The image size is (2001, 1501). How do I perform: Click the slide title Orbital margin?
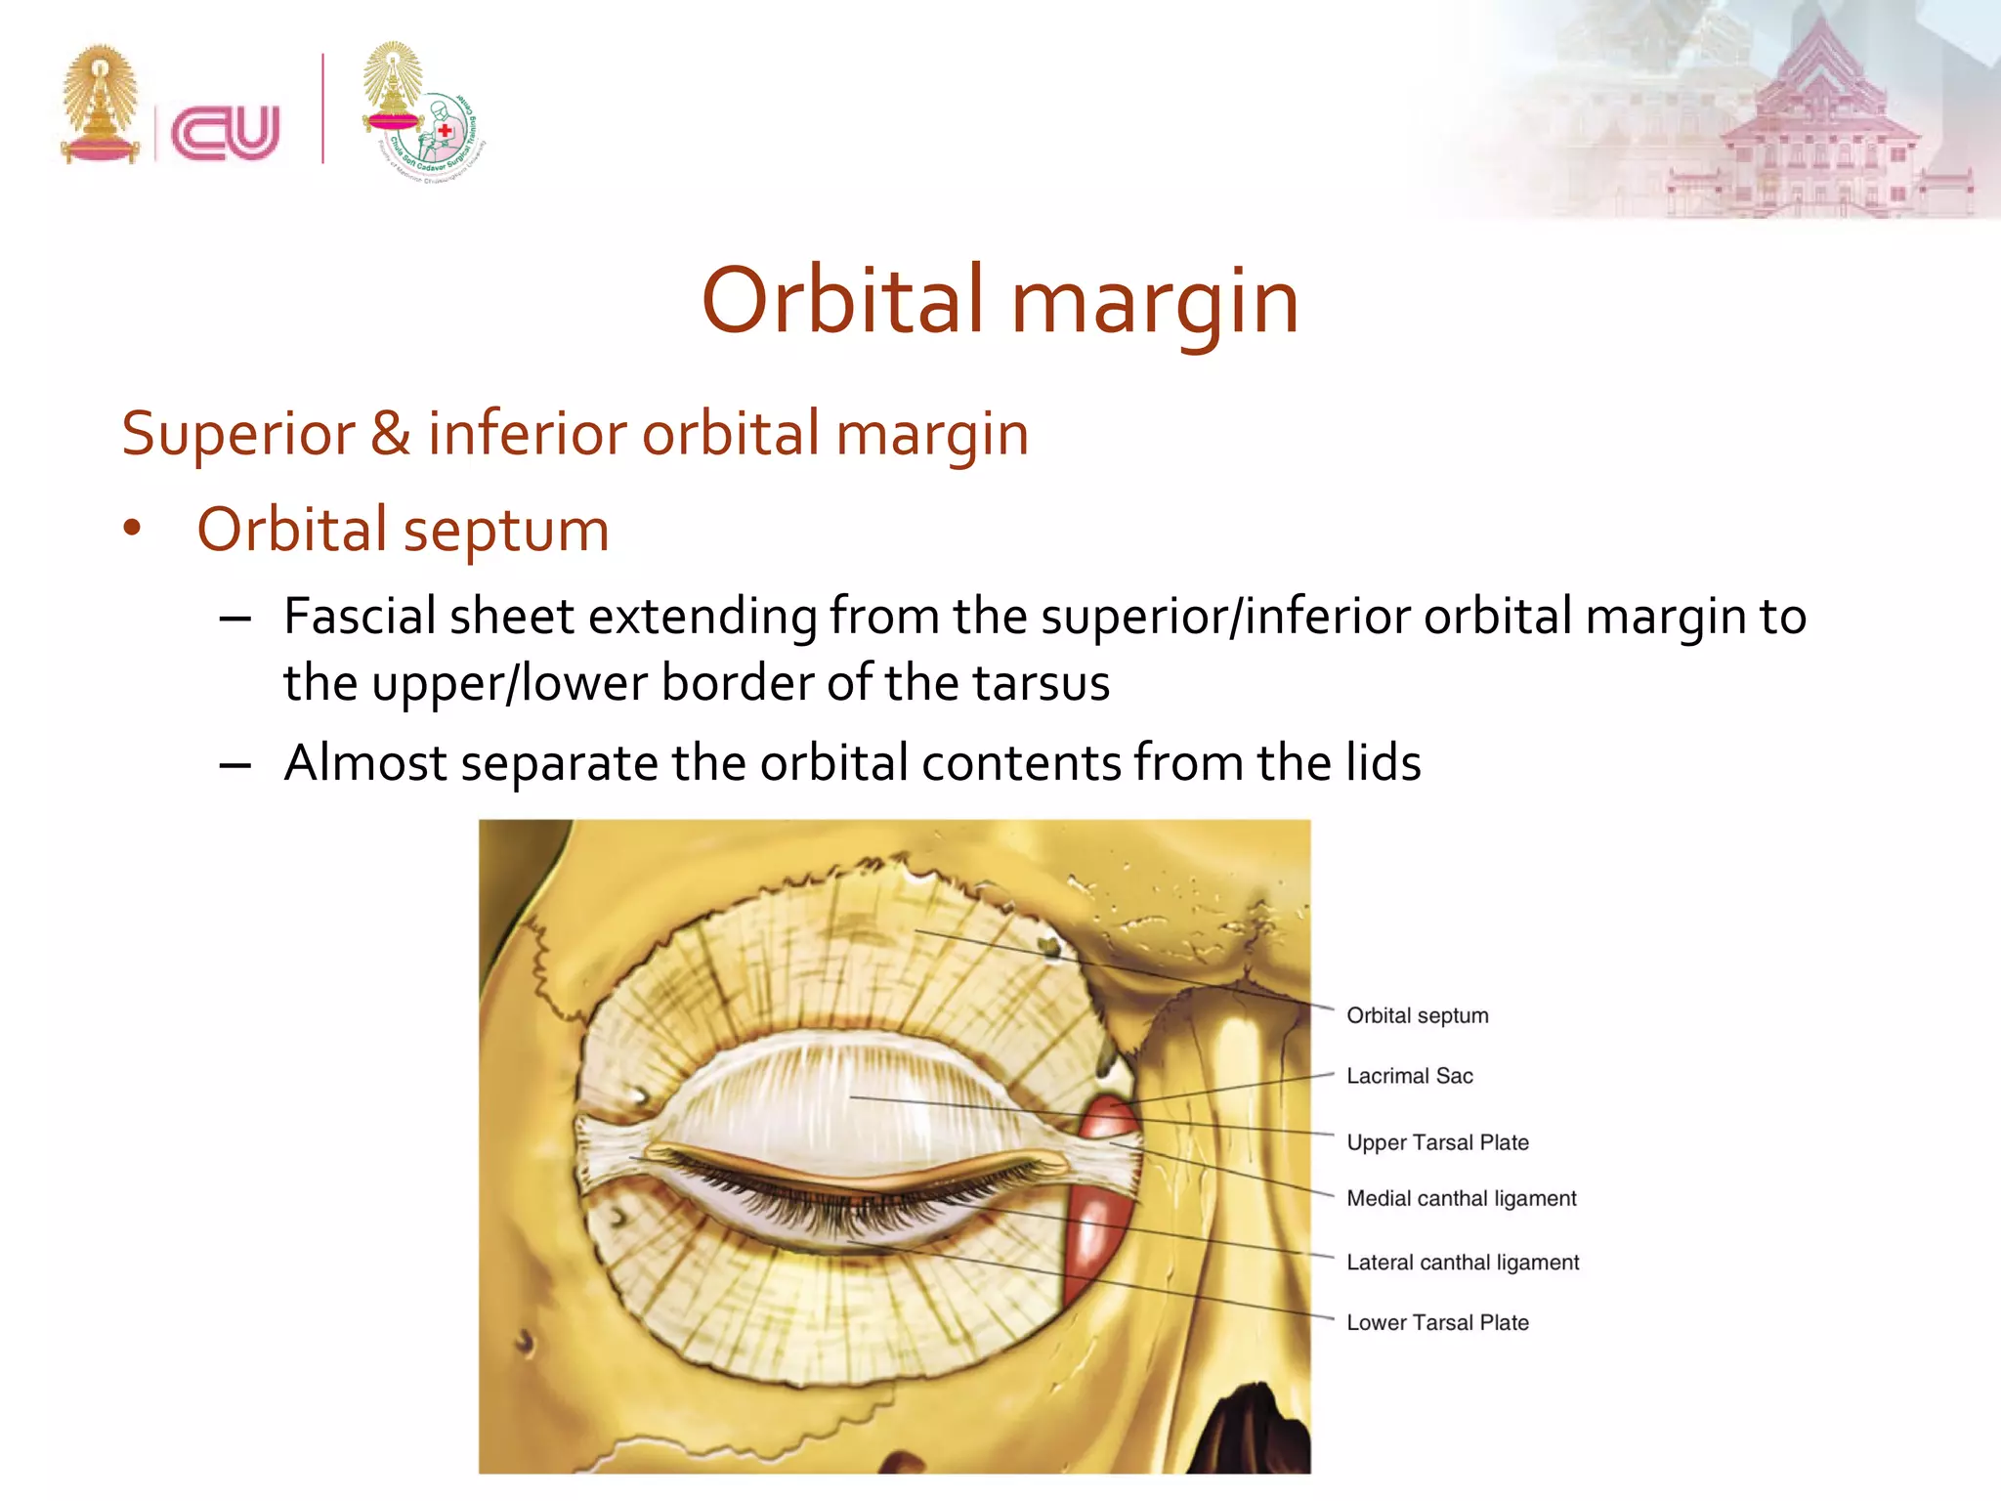(1000, 301)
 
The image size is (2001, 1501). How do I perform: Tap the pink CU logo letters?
(226, 133)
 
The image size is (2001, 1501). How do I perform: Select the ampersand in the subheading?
(390, 434)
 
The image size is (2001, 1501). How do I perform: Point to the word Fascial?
(360, 617)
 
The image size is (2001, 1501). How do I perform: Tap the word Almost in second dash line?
(364, 763)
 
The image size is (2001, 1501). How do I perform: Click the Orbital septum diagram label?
(1417, 1015)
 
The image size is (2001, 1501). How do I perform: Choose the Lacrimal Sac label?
(1409, 1076)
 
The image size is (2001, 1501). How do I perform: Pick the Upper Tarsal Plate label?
(1437, 1142)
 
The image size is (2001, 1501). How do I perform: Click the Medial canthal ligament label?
(1461, 1198)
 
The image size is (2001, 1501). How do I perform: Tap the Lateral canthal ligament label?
(1462, 1263)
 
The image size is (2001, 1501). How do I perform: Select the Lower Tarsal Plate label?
(1437, 1322)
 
